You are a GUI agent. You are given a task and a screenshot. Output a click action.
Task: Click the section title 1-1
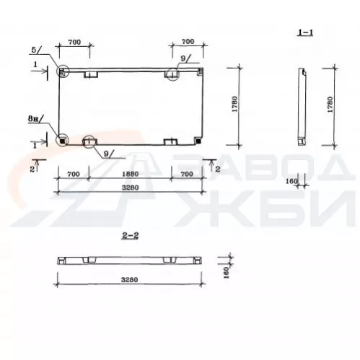point(305,32)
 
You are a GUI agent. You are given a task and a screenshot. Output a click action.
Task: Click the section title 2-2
point(131,236)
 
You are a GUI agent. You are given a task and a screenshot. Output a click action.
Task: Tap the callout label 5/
point(36,50)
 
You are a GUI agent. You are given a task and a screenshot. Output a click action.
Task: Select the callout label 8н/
point(36,118)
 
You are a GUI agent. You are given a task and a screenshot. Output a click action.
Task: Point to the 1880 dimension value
point(130,174)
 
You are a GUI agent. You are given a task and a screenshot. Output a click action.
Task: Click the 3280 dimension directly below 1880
point(130,188)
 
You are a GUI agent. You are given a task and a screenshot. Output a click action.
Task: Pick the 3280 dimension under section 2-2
point(129,280)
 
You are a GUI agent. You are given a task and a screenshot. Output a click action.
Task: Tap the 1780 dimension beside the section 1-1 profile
point(330,105)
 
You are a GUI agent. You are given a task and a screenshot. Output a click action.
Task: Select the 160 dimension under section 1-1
point(291,181)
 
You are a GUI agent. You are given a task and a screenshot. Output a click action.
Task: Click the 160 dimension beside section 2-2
point(227,272)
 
